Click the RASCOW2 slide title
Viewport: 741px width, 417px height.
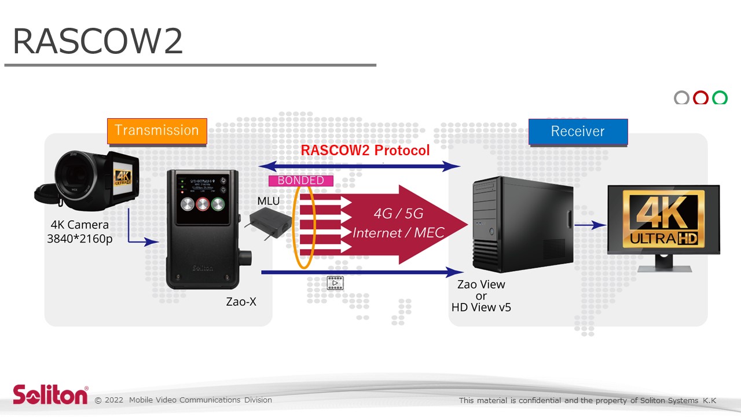pos(97,42)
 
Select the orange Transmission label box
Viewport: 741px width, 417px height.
pos(156,130)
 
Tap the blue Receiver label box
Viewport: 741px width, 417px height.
pos(578,131)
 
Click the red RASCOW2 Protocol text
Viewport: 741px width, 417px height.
pos(365,151)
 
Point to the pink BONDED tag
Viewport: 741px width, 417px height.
pos(300,181)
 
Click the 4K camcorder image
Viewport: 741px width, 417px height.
pos(87,180)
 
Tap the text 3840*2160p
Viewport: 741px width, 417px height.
pos(80,238)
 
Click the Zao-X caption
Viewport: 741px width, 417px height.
pos(241,302)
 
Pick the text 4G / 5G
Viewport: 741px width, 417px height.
pos(398,213)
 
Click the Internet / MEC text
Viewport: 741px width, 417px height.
pos(398,233)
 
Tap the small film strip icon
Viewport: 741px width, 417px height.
pos(335,283)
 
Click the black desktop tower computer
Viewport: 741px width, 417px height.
pos(521,226)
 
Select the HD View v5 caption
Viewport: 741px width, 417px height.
pos(481,308)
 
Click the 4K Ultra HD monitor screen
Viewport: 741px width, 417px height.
pos(663,220)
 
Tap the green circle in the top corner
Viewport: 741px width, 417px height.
pos(720,98)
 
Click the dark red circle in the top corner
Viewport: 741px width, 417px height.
pos(700,98)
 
